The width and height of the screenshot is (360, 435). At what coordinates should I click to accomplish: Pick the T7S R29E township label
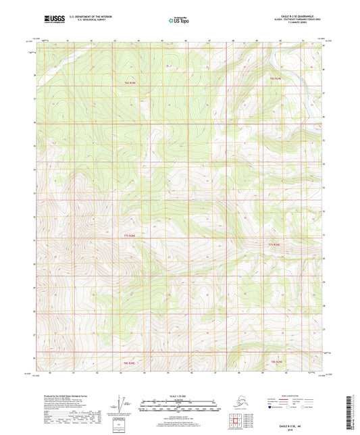274,243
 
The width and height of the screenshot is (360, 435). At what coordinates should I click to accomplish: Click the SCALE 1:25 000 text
179,396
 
